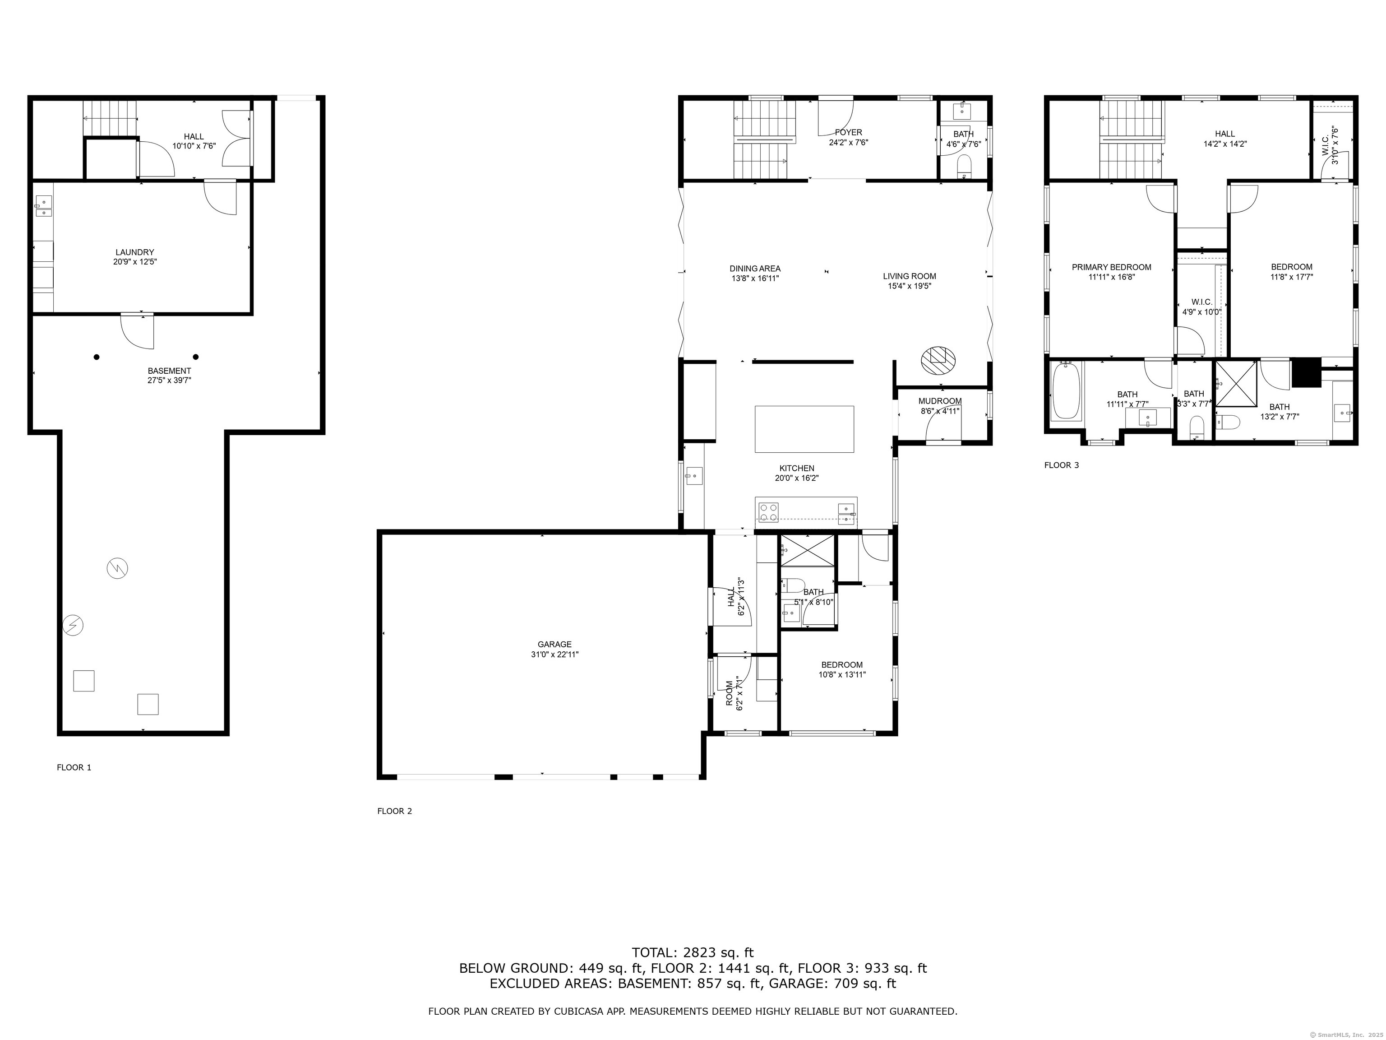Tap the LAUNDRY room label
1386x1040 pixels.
(x=135, y=252)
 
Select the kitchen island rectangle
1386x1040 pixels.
(x=804, y=429)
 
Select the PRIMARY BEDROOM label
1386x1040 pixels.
(x=1112, y=267)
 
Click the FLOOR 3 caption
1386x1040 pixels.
(x=1062, y=465)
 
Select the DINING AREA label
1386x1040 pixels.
(x=755, y=268)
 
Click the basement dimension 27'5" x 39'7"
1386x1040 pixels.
(x=169, y=380)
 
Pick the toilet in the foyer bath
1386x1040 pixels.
(x=964, y=166)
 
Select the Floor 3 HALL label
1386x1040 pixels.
(x=1225, y=134)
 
